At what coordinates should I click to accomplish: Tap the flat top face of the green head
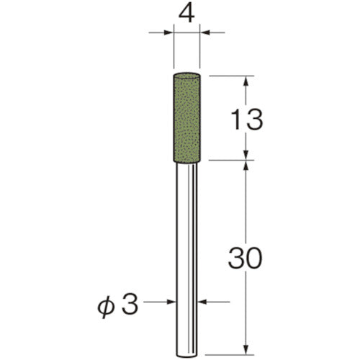pos(188,75)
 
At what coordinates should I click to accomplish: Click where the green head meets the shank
pos(188,161)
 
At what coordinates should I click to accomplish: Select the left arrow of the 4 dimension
pos(168,32)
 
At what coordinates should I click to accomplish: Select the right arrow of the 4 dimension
pos(207,32)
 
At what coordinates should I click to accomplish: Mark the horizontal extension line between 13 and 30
pos(230,161)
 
